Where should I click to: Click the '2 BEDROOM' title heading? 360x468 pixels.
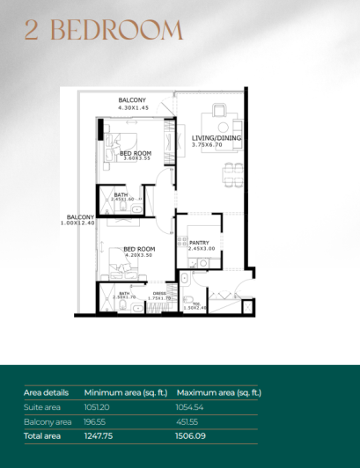point(104,31)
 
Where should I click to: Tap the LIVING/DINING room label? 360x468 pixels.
point(217,138)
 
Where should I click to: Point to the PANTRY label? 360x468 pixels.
point(201,242)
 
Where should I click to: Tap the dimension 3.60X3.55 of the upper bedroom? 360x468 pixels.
point(136,159)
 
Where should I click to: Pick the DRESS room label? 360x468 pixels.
point(159,293)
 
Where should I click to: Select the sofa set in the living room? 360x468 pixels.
point(217,118)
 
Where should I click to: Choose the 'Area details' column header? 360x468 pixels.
point(46,392)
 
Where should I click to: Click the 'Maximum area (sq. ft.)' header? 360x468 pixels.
point(219,392)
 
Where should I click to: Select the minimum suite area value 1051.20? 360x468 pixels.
point(99,408)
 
